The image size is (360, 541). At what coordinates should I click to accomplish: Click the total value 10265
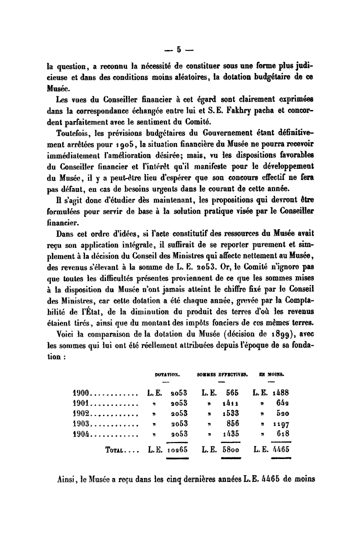(x=175, y=449)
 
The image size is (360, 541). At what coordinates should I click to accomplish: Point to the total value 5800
(x=229, y=449)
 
